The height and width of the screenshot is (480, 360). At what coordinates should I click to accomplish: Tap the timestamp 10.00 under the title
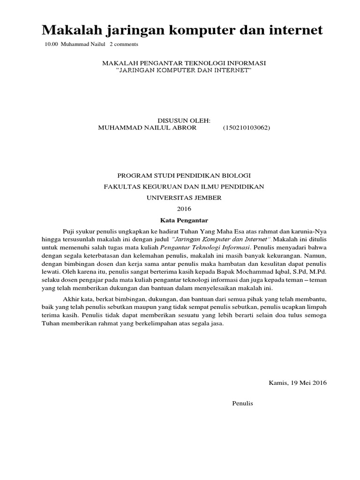click(51, 45)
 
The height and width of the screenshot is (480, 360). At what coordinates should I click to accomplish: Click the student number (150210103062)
click(246, 127)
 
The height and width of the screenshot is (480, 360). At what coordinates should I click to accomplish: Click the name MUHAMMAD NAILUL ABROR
click(140, 127)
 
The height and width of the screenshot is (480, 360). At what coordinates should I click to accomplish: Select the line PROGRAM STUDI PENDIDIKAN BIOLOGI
click(184, 175)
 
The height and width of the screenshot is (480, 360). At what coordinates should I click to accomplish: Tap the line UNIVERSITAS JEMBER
click(184, 198)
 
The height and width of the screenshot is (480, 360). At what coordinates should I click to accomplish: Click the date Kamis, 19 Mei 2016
click(297, 382)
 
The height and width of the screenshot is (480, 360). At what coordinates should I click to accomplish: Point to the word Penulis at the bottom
click(242, 403)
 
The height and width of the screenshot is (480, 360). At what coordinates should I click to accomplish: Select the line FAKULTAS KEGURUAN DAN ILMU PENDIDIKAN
click(184, 187)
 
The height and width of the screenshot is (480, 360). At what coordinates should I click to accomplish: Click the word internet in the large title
click(294, 30)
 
